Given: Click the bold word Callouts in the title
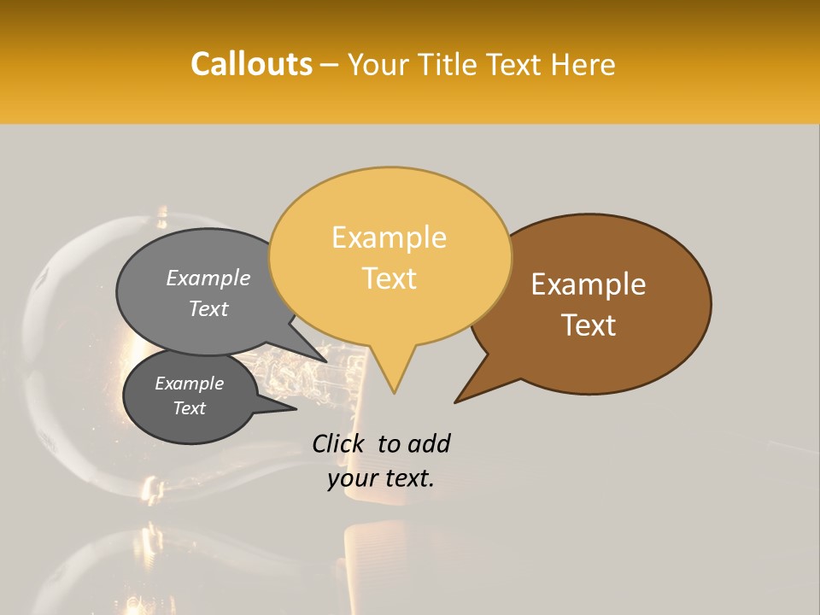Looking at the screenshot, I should (x=251, y=64).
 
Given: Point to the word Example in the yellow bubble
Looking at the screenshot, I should (x=389, y=237).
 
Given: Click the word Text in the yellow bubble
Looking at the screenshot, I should (x=389, y=278).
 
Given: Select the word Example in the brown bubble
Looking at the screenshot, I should (x=589, y=284).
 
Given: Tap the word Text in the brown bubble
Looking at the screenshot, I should (x=589, y=325).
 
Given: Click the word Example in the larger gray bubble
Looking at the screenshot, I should (x=208, y=278).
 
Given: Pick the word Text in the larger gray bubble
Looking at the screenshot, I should (x=208, y=308).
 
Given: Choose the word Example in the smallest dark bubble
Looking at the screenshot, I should (x=189, y=384).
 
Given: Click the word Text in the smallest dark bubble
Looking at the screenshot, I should (x=189, y=408).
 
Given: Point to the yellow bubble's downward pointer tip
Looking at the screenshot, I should (x=394, y=392).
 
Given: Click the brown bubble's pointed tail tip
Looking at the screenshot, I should (x=456, y=401).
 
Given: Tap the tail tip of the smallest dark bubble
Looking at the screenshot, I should (x=296, y=409).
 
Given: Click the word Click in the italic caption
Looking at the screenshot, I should (x=338, y=443).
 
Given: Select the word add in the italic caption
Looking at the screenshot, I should (x=429, y=443).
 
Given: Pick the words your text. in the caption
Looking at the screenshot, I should (x=381, y=478).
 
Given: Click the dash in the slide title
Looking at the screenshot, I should (x=331, y=65).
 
